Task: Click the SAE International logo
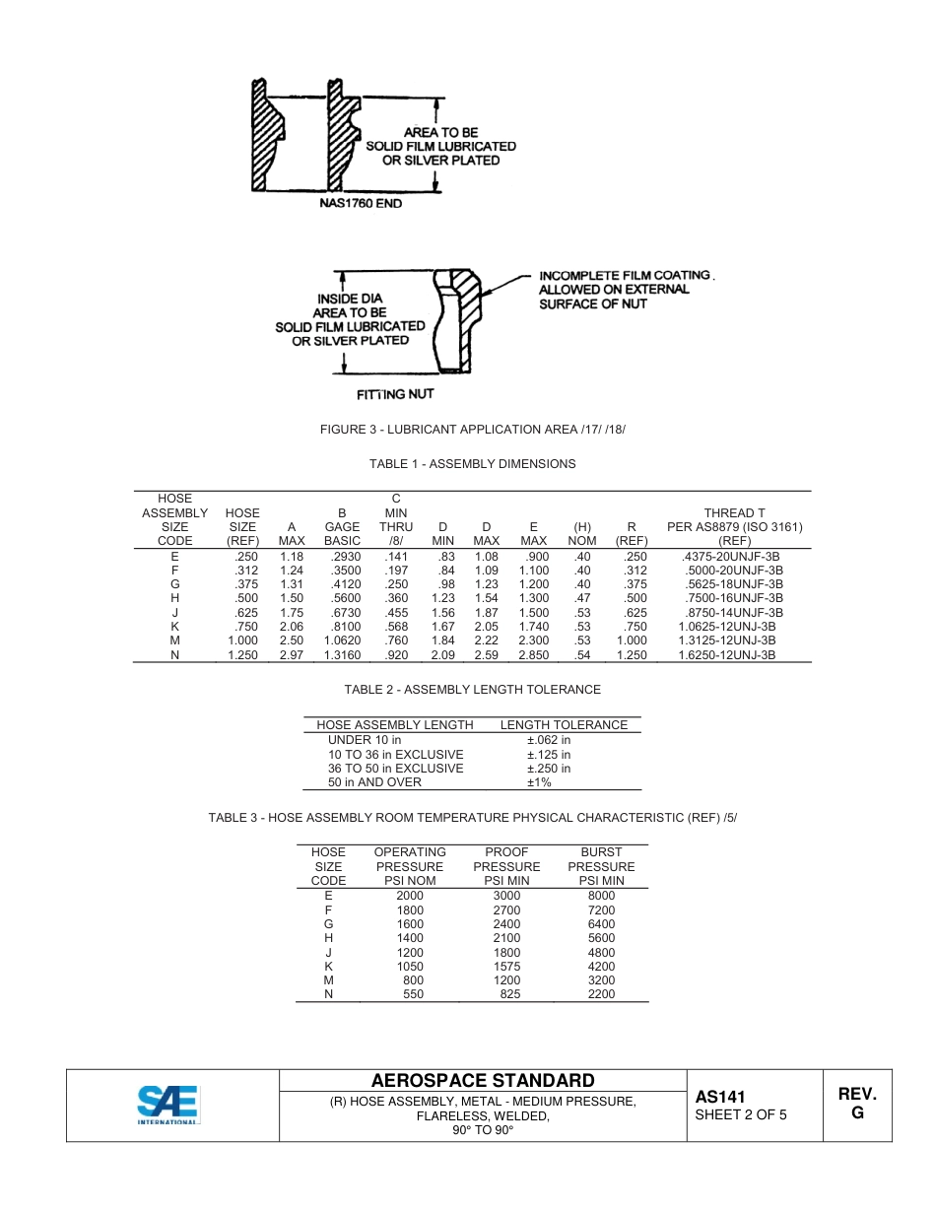(x=168, y=1105)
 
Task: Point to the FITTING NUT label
(x=394, y=394)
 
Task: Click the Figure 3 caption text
(x=473, y=430)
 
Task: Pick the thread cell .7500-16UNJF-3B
(x=730, y=598)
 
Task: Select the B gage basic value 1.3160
(x=342, y=654)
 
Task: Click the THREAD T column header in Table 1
(x=734, y=513)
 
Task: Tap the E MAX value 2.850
(x=533, y=654)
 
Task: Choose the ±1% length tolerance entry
(x=539, y=782)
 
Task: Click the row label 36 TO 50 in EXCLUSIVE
(x=395, y=769)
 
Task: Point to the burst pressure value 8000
(x=601, y=896)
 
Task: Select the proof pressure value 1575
(x=506, y=967)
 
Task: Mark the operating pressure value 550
(x=413, y=994)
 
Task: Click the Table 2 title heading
(x=472, y=690)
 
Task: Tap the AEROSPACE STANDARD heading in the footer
(x=483, y=1081)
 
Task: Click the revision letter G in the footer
(x=857, y=1112)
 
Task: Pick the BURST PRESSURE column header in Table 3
(x=601, y=866)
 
